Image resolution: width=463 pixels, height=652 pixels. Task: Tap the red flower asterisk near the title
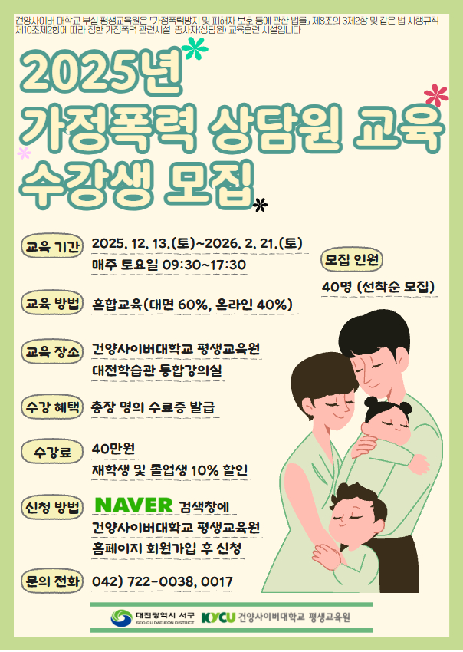pos(435,95)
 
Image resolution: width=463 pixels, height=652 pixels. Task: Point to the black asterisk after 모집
pos(262,203)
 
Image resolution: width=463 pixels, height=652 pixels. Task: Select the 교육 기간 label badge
pos(52,248)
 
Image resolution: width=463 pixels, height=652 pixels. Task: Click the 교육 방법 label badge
pos(52,304)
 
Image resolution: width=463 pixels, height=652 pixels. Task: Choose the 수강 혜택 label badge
pos(52,407)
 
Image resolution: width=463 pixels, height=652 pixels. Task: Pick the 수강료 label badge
pos(52,453)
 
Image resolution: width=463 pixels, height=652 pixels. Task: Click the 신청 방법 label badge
pos(52,508)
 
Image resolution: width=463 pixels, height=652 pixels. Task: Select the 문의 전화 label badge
pos(52,581)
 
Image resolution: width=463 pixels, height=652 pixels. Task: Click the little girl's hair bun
pos(371,401)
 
